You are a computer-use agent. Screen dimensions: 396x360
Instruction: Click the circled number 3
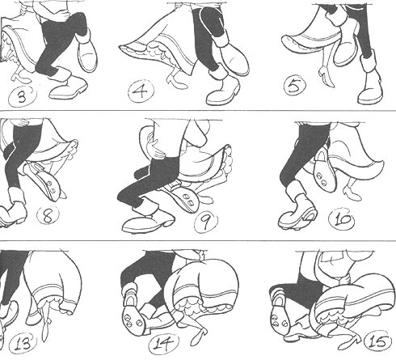pyautogui.click(x=22, y=96)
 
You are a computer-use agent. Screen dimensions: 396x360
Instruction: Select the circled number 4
pyautogui.click(x=141, y=91)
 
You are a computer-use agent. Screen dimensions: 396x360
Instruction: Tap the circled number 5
pyautogui.click(x=295, y=85)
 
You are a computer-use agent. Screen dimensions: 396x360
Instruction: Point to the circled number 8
pyautogui.click(x=48, y=215)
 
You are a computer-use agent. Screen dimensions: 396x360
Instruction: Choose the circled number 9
pyautogui.click(x=206, y=222)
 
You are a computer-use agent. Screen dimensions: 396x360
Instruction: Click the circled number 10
pyautogui.click(x=342, y=218)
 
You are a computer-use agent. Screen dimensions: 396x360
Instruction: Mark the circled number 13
pyautogui.click(x=23, y=344)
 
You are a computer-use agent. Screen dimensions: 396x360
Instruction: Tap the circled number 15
pyautogui.click(x=377, y=342)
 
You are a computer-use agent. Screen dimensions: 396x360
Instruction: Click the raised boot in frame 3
pyautogui.click(x=87, y=51)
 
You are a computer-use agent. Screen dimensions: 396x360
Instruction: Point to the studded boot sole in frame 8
pyautogui.click(x=46, y=180)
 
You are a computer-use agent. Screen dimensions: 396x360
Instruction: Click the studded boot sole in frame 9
pyautogui.click(x=184, y=198)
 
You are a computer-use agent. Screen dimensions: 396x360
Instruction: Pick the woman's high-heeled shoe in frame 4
pyautogui.click(x=176, y=80)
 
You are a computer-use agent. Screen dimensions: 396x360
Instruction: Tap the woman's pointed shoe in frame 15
pyautogui.click(x=349, y=342)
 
